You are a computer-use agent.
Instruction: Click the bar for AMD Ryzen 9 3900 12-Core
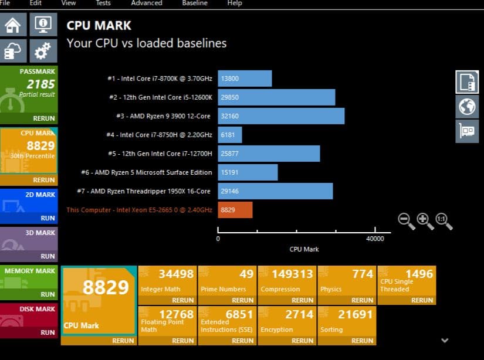tap(281, 116)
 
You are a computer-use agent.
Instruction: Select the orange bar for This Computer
tap(235, 210)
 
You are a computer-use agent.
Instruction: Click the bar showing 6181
tap(229, 135)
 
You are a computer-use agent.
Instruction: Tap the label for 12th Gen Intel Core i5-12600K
tap(160, 97)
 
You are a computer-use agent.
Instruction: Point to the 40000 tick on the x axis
tap(375, 239)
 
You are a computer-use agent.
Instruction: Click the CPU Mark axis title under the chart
tap(304, 249)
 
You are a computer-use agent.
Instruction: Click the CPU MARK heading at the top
tap(99, 26)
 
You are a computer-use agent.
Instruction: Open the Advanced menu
tap(146, 3)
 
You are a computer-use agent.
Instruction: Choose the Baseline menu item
tap(194, 3)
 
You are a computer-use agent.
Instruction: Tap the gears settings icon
tap(43, 52)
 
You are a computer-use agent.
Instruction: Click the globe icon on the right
tap(467, 106)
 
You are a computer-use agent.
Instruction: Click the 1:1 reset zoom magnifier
tap(442, 220)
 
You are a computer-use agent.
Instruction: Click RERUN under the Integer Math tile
tap(182, 300)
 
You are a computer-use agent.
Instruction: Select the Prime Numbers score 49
tap(246, 274)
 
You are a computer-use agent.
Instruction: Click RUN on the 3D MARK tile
tap(47, 256)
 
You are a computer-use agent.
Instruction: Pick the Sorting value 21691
tap(355, 314)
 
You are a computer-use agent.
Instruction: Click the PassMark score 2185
tap(41, 84)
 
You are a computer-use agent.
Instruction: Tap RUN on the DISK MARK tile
tap(47, 332)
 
